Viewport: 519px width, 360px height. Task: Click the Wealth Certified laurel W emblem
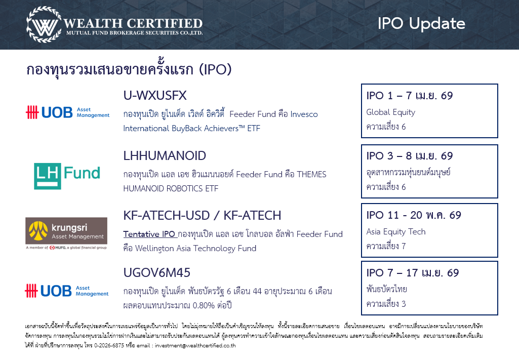point(44,24)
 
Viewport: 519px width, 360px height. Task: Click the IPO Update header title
point(421,24)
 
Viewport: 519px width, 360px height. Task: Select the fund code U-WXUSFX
point(155,96)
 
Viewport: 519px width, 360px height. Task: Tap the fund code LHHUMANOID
point(165,156)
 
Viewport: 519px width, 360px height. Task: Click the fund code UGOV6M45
point(156,273)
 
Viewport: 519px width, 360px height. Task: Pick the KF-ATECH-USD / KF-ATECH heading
point(202,216)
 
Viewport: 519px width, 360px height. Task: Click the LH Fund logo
point(67,176)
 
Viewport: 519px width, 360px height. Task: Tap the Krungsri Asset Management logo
point(66,233)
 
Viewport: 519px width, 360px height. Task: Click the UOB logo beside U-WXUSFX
point(67,112)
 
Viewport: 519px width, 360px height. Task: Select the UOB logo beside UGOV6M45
point(66,291)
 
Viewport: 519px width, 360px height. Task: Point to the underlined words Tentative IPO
point(149,234)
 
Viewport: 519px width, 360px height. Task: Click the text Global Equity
point(390,112)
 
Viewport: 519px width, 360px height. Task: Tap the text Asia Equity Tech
point(396,231)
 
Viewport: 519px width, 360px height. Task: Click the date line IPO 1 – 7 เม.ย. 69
point(410,96)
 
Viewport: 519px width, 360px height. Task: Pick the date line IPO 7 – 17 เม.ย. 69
point(413,273)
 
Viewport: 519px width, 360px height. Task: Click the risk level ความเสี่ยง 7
point(386,246)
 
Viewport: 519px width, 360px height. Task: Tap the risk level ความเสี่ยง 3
point(386,304)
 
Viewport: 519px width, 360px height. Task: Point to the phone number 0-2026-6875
point(109,345)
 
